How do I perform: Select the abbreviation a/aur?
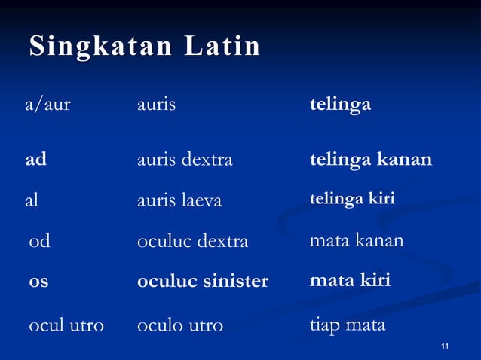(48, 105)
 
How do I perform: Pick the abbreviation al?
(32, 200)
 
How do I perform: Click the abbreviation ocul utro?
(66, 325)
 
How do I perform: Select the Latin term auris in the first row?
(156, 105)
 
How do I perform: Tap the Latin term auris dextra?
(185, 160)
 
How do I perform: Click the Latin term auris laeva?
(179, 201)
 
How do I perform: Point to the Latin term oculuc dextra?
(192, 242)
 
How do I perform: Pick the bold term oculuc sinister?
(203, 282)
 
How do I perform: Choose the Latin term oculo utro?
(180, 325)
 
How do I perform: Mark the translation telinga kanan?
(371, 160)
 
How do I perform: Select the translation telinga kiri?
(352, 198)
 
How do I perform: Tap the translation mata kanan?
(357, 241)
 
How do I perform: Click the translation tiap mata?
(348, 325)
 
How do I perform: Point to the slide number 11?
(445, 346)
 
